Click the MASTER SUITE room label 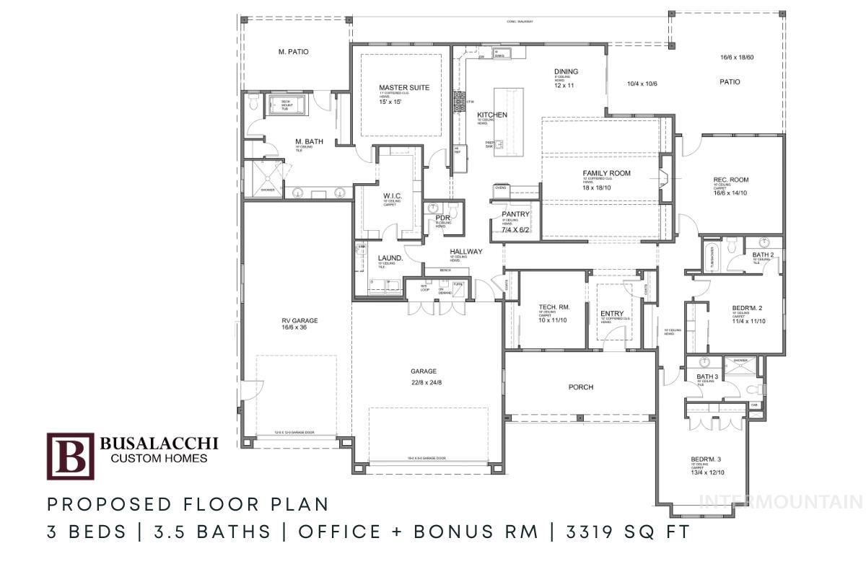(403, 88)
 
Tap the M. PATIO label (293, 52)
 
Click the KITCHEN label (491, 115)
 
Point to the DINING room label (566, 71)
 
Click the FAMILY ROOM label (606, 173)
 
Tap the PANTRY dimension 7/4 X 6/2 (515, 230)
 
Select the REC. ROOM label (730, 180)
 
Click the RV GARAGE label (299, 321)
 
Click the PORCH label (580, 387)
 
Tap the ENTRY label (612, 313)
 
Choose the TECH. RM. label (555, 307)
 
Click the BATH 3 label (707, 376)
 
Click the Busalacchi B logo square (70, 456)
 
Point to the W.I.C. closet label (393, 195)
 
